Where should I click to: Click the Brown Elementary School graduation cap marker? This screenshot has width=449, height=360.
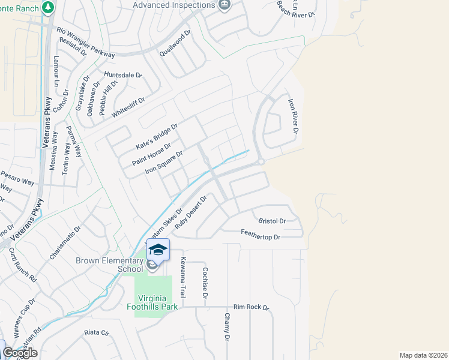point(158,250)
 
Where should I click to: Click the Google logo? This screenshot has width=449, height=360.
point(20,353)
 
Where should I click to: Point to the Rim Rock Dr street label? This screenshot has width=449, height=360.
point(252,307)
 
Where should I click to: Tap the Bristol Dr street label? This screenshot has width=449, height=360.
point(271,221)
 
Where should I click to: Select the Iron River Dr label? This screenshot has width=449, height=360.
point(293,116)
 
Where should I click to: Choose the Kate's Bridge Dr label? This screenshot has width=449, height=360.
point(157,137)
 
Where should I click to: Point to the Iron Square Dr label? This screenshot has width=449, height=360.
point(164,163)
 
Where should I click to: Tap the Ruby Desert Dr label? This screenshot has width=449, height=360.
point(190,212)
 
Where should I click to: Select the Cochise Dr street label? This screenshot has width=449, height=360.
point(205,284)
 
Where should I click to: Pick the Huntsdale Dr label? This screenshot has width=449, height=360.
point(122,75)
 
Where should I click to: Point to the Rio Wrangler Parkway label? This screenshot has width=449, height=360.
point(85,42)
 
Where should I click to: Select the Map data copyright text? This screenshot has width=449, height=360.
point(424,355)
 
